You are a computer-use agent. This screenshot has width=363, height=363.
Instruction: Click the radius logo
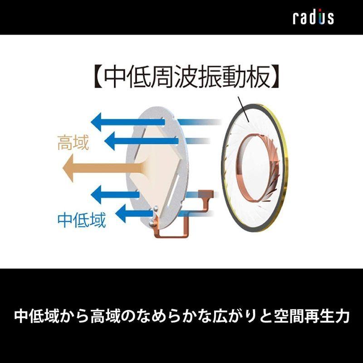(314, 17)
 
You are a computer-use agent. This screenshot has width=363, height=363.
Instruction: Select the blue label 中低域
(82, 220)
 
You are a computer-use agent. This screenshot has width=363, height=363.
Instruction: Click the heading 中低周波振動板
(189, 78)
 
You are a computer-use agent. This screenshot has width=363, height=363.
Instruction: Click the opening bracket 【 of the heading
(94, 78)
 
